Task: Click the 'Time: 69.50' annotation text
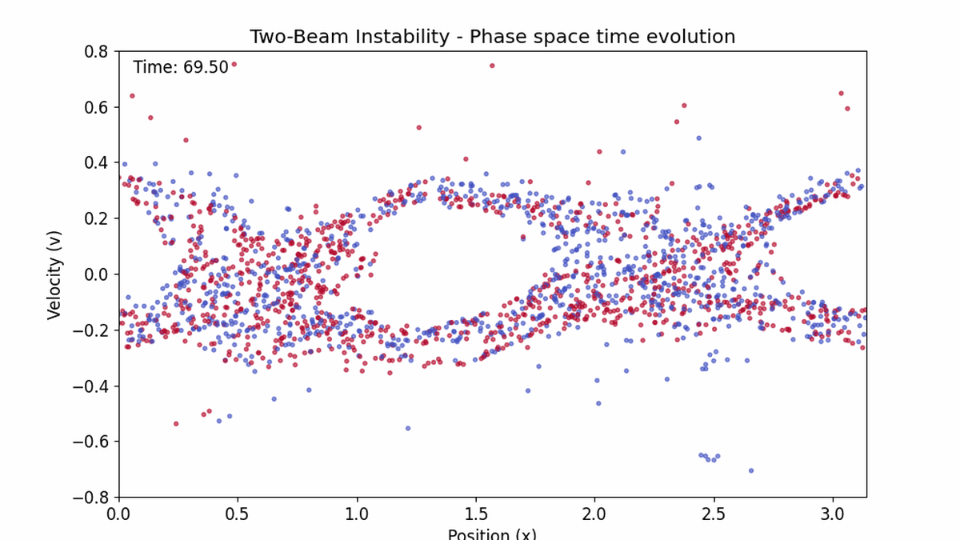pyautogui.click(x=181, y=67)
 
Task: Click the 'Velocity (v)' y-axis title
pyautogui.click(x=54, y=274)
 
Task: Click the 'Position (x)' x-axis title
pyautogui.click(x=492, y=534)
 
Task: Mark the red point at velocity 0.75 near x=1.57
pyautogui.click(x=492, y=66)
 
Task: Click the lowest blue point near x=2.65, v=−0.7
pyautogui.click(x=750, y=470)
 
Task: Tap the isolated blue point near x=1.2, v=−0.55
pyautogui.click(x=407, y=428)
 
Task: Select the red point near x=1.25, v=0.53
pyautogui.click(x=418, y=127)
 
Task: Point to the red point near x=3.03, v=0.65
pyautogui.click(x=841, y=93)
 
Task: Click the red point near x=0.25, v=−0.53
pyautogui.click(x=176, y=423)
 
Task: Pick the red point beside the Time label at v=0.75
pyautogui.click(x=234, y=65)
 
